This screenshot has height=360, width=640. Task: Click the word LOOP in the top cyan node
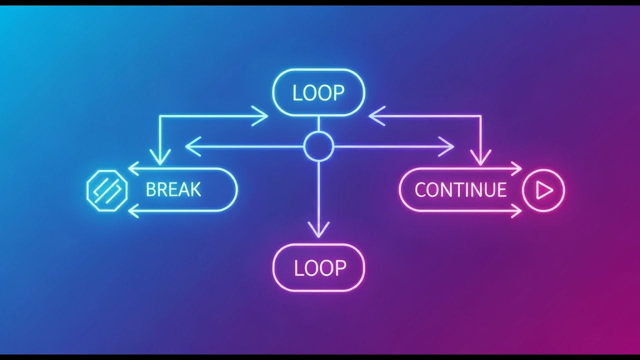coord(318,93)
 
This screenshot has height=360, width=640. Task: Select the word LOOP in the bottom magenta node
coord(320,268)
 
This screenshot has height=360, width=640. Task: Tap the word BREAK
coord(173,190)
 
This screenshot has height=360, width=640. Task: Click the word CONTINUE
coord(460,190)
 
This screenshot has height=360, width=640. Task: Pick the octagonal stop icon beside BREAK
coord(106,190)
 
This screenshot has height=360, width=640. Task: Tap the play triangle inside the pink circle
coord(544,190)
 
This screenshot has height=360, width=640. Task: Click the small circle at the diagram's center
coord(318,146)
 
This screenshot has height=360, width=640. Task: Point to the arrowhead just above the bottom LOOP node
coord(318,230)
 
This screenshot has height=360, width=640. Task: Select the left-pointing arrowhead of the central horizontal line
coord(190,146)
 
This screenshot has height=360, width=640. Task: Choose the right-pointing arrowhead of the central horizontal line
coord(448,146)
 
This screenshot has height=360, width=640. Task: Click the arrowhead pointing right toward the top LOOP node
coord(262,116)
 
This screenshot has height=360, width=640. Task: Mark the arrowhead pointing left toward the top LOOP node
coord(374,116)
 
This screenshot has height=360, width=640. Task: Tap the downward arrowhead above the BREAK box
coord(159,159)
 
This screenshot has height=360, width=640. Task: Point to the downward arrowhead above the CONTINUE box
coord(480,159)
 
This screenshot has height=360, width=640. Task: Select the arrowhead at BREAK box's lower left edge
coord(133,211)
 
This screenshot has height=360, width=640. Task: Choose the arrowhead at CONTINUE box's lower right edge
coord(516,211)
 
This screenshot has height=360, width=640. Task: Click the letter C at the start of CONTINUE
coord(420,190)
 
